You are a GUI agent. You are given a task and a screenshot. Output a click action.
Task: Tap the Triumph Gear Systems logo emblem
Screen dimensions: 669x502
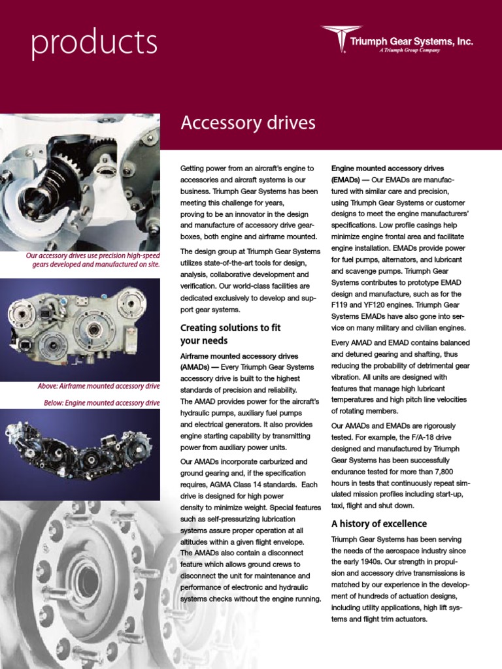tap(341, 39)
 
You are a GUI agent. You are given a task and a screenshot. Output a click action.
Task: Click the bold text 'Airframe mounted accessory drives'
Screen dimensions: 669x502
tap(239, 356)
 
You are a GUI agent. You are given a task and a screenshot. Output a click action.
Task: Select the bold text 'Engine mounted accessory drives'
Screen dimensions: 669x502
tap(389, 169)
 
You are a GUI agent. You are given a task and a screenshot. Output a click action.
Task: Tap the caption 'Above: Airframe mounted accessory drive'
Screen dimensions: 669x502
tap(98, 386)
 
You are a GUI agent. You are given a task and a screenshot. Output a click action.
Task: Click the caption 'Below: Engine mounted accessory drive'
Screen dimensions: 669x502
tap(101, 402)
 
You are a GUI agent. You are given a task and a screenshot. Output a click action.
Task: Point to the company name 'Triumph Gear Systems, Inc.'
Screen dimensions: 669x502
tap(411, 41)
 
